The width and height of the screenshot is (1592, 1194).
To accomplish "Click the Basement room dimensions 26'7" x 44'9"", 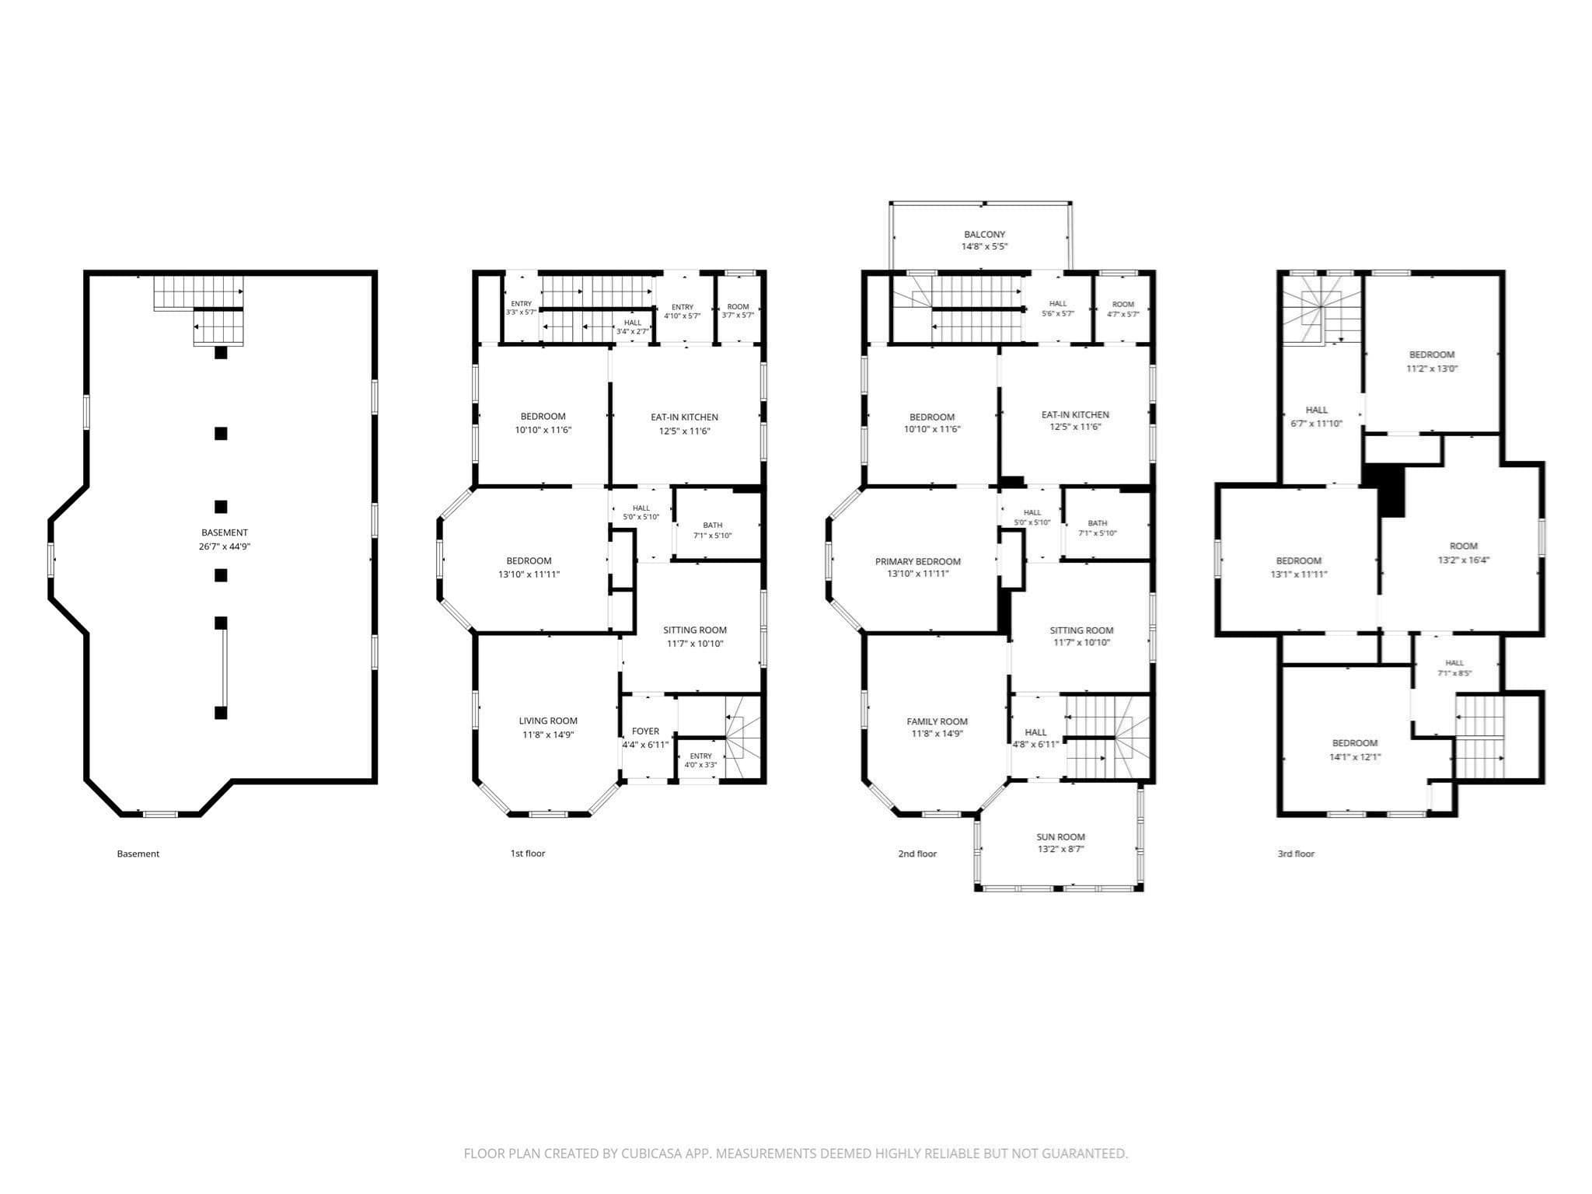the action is click(x=225, y=546).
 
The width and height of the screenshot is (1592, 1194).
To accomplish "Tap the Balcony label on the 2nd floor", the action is click(x=985, y=234).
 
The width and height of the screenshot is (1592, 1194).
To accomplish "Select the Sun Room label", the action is click(x=1060, y=837).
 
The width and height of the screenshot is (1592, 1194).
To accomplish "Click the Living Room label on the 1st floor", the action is click(x=548, y=721).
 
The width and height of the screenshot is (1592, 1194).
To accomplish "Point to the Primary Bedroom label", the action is click(x=918, y=561).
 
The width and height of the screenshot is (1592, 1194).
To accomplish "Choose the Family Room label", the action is click(x=937, y=721).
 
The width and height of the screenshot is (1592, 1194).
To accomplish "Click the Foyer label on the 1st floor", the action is click(x=645, y=731).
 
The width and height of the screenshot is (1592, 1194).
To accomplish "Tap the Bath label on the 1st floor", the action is click(x=713, y=525).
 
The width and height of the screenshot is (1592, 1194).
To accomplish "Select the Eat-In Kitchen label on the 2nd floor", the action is click(x=1075, y=414).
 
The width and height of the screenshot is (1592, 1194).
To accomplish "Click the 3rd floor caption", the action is click(x=1296, y=854).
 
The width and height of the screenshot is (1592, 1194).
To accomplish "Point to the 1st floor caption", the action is click(x=528, y=854).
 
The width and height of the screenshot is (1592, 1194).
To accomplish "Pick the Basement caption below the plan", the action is click(x=138, y=854).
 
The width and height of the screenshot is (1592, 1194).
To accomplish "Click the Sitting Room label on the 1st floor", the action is click(x=695, y=630).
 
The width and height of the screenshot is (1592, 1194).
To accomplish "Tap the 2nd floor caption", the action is click(x=917, y=854).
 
